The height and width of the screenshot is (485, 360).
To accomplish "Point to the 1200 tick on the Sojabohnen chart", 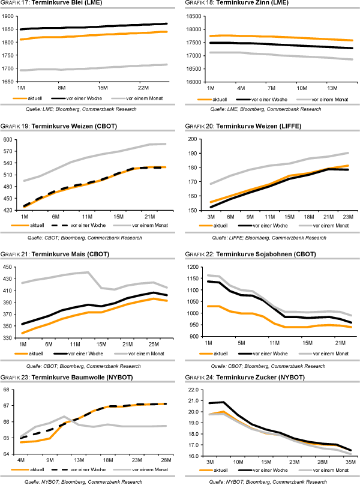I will [x=196, y=267].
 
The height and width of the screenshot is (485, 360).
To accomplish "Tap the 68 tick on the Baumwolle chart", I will [x=12, y=390].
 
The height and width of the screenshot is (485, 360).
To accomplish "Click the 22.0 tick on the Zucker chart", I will [x=196, y=390].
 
